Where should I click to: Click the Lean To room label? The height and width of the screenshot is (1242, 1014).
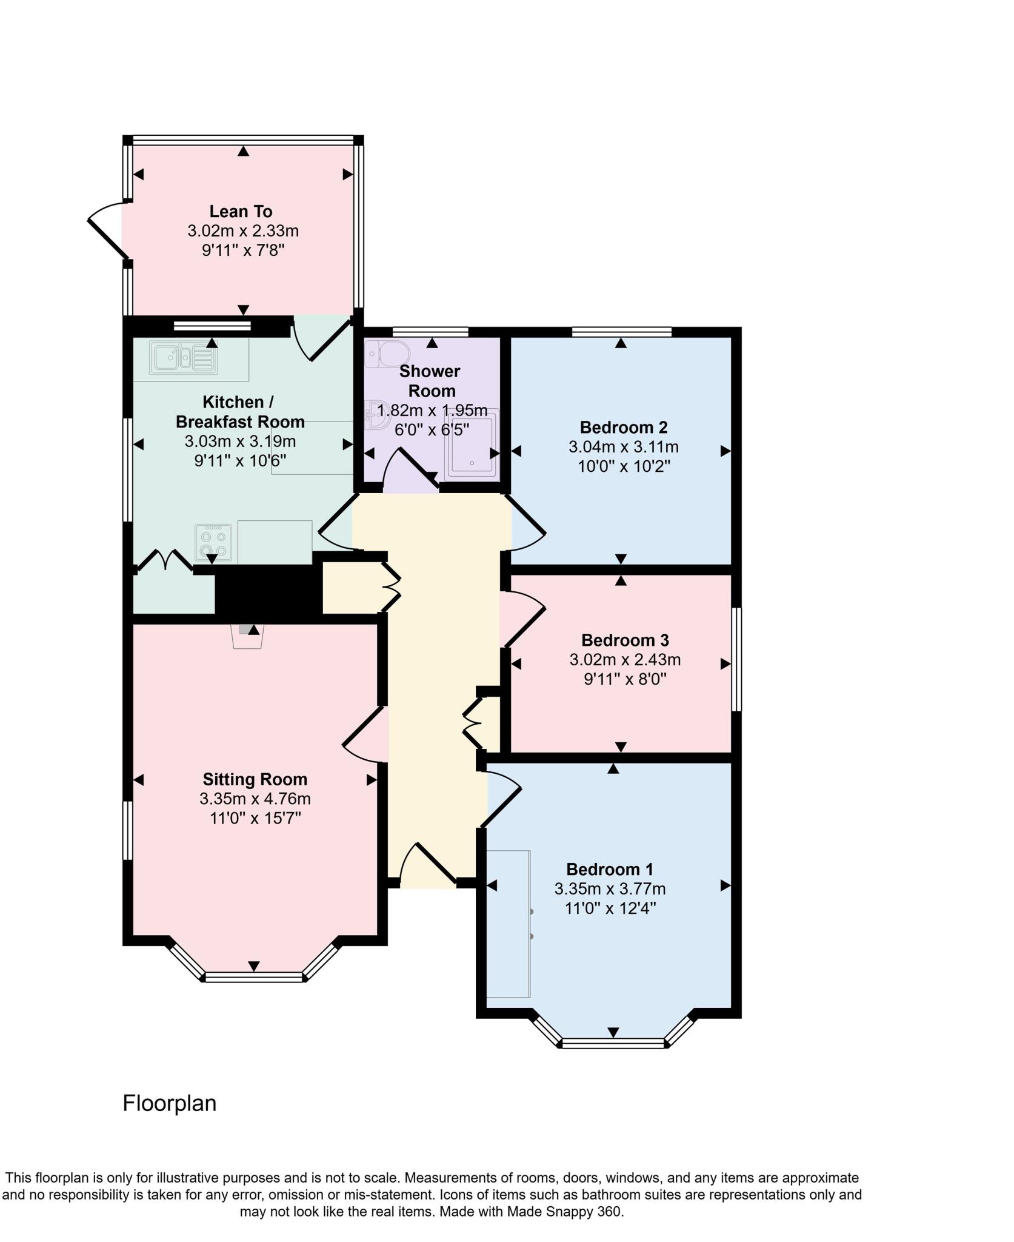[x=241, y=212]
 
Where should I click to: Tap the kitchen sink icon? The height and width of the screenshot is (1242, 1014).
[x=184, y=357]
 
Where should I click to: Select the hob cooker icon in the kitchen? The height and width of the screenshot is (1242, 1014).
[x=213, y=542]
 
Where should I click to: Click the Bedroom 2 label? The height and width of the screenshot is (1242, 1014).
[x=623, y=428]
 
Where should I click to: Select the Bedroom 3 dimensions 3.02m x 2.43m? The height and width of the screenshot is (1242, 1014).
[x=624, y=659]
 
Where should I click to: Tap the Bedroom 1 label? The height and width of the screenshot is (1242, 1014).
[x=610, y=869]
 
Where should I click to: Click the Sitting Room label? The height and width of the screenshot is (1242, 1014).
[x=255, y=779]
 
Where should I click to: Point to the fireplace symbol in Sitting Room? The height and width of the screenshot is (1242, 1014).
[x=248, y=637]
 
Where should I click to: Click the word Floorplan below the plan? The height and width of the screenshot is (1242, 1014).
[x=169, y=1103]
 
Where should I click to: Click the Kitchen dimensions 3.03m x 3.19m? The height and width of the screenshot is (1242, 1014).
[x=240, y=441]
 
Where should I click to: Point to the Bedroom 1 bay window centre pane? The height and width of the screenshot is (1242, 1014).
[x=613, y=1043]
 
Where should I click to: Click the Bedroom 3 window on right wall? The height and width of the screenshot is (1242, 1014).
[x=736, y=659]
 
